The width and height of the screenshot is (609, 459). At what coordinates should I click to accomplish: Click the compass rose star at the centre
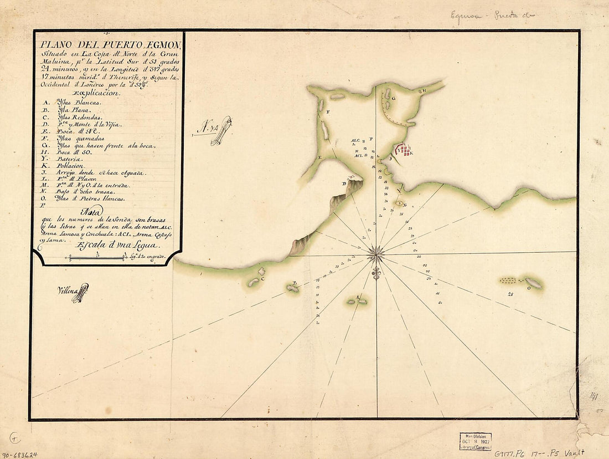click(376, 254)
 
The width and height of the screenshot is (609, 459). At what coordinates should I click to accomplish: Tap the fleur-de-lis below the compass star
click(376, 273)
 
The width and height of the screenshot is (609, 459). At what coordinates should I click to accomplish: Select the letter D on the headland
click(344, 184)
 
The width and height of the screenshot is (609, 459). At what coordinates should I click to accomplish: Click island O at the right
click(534, 283)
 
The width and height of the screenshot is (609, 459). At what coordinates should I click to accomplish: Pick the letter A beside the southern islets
click(358, 298)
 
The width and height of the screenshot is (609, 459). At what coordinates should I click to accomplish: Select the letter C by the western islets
click(262, 279)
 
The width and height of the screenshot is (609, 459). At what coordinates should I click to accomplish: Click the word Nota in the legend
click(93, 211)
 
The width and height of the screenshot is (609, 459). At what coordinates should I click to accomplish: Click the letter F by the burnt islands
click(328, 112)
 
